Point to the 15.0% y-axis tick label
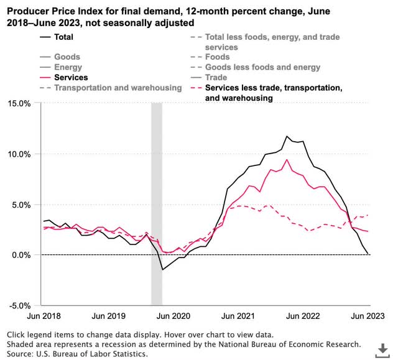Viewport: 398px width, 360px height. [x=22, y=103]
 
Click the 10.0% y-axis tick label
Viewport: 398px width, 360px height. [x=22, y=154]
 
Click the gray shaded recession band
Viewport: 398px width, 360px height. [x=157, y=187]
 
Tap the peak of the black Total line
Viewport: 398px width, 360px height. [x=287, y=136]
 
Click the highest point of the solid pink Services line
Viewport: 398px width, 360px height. [x=287, y=160]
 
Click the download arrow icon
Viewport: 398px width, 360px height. [x=381, y=348]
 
